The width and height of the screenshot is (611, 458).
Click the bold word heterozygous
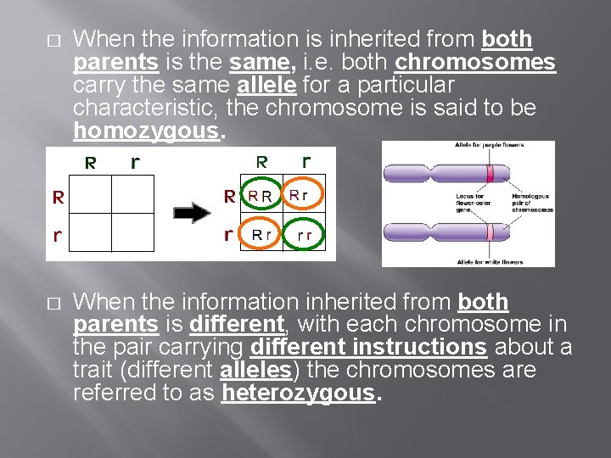[297, 393]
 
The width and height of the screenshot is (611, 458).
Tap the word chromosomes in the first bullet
[475, 63]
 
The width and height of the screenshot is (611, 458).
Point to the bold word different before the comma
[236, 324]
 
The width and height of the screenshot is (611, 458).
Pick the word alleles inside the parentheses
[255, 370]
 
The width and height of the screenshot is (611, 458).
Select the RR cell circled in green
[260, 197]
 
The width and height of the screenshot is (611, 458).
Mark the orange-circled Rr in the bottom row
[260, 234]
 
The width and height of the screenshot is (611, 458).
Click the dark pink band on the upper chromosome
[490, 174]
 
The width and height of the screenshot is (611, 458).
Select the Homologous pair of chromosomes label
[532, 203]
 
